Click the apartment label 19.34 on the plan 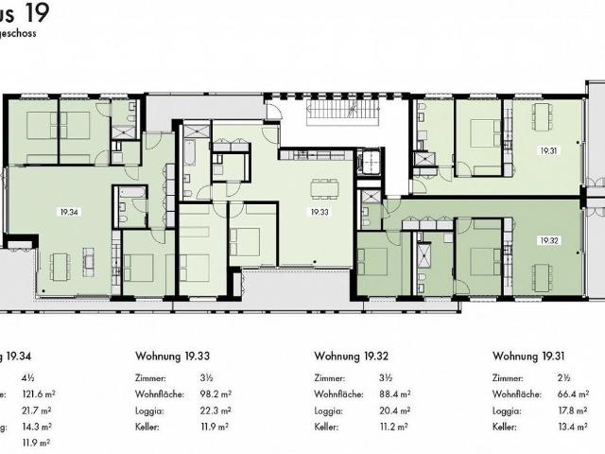tap(65, 212)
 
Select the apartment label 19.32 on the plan tap(549, 240)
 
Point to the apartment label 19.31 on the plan tap(549, 150)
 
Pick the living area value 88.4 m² tap(395, 393)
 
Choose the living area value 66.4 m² tap(575, 393)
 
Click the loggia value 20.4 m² tap(395, 410)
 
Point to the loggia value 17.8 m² tap(575, 410)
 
